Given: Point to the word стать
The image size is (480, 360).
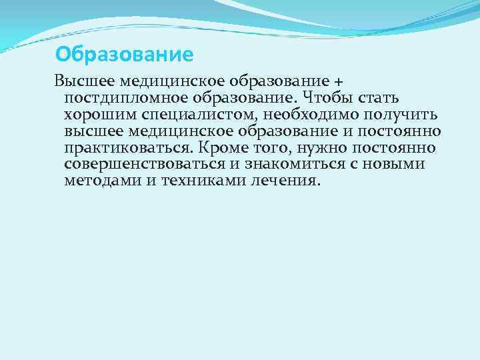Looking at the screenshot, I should pyautogui.click(x=379, y=99).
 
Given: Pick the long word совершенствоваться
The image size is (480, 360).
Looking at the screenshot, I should pyautogui.click(x=146, y=164).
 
